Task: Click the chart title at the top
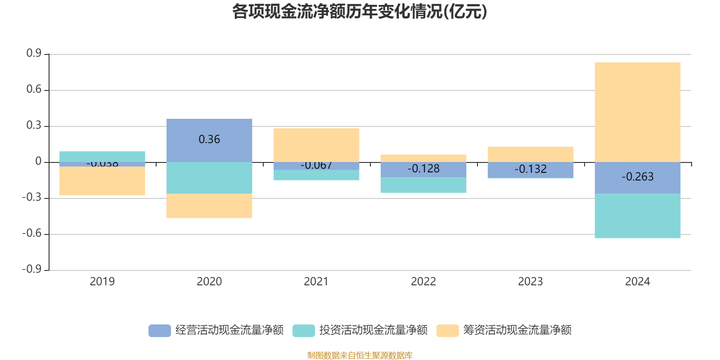pos(360,12)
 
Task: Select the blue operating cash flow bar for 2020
pos(209,128)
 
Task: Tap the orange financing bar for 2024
pos(637,112)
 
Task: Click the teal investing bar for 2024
pos(637,216)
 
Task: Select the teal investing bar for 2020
pos(209,178)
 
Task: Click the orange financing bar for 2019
pos(102,181)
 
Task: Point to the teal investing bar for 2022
pos(423,185)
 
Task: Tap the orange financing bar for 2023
pos(530,154)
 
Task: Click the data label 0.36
pos(209,139)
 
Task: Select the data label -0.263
pos(637,177)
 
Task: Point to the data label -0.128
pos(423,169)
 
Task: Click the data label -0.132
pos(530,169)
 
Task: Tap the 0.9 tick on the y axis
pos(34,54)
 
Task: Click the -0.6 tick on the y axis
pos(32,234)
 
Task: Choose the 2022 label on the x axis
pos(423,282)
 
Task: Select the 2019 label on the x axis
pos(102,282)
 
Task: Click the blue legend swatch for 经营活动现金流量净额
pos(159,331)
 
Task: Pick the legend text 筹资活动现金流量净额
pos(517,330)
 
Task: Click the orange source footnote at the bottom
pos(360,355)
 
